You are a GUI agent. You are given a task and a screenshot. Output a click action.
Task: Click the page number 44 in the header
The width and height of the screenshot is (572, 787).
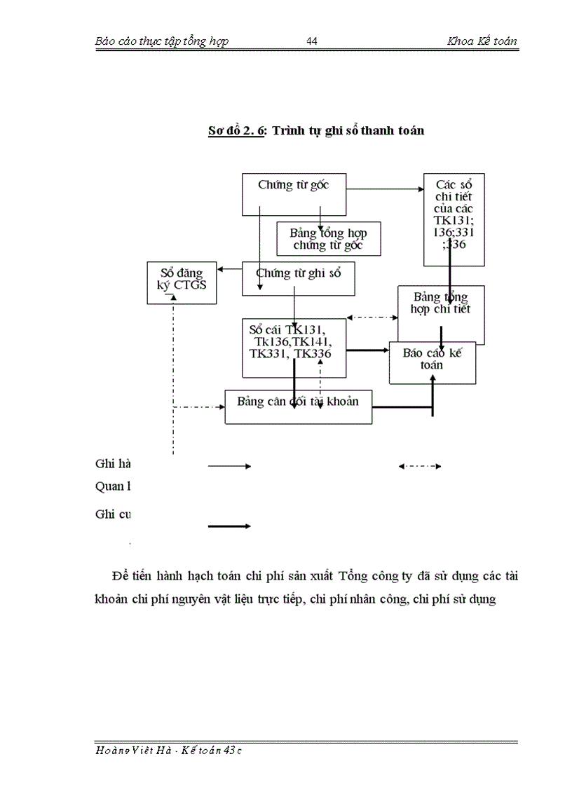coord(313,41)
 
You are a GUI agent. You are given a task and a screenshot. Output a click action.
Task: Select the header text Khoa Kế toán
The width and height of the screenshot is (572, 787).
coord(482,41)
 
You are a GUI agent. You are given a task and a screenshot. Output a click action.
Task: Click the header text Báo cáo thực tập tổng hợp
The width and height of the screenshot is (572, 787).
coord(161,41)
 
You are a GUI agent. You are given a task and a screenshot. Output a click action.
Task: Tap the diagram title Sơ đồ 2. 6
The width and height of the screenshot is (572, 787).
coord(236,130)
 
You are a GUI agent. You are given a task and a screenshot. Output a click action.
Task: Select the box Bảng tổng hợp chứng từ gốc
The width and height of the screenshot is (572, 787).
coord(328,239)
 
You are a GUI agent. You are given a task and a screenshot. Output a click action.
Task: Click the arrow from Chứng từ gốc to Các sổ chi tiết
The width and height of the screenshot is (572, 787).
coord(385,189)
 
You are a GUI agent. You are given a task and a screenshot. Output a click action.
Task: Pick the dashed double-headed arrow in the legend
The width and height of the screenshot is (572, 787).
coord(419,466)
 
